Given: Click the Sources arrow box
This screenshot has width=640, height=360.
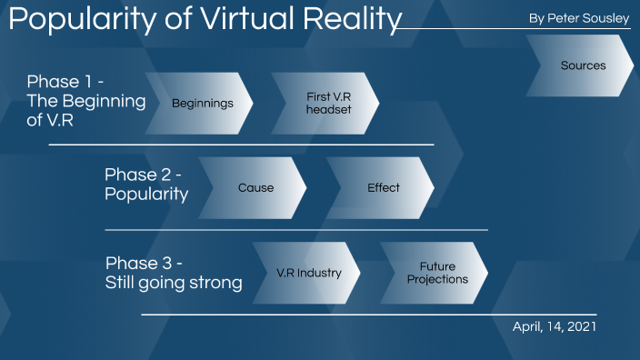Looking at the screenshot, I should (583, 66).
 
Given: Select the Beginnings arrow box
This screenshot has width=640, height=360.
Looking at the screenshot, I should (202, 104).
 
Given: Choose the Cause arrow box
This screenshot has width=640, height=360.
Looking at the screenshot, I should (255, 188).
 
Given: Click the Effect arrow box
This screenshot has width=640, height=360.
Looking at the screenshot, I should (383, 188).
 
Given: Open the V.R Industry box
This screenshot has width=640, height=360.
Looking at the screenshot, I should (308, 273).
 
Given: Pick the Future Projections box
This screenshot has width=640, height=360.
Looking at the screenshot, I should (436, 273).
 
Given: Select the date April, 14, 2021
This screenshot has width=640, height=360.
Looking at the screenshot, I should (555, 325).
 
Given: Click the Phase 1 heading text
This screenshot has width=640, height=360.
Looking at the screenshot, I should (65, 81).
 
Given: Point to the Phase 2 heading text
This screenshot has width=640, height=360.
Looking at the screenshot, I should (144, 175).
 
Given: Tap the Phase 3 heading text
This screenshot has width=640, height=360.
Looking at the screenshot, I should (145, 263).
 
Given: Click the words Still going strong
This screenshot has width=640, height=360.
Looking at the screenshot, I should (174, 283).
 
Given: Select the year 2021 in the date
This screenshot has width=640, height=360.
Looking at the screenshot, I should (581, 325).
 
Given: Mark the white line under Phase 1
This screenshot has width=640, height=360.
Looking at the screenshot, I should (241, 145).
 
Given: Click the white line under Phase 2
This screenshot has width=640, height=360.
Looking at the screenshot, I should (295, 230).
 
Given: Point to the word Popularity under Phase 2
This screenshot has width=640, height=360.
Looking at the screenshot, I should (146, 195).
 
